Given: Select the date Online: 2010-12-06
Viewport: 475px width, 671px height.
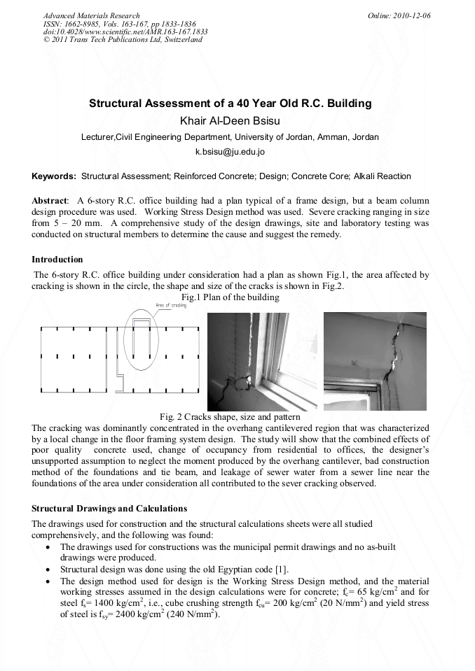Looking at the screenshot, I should pos(399,15).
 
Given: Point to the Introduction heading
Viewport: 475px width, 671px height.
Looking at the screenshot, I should pos(57,260).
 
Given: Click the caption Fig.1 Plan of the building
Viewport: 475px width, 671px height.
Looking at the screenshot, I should pos(230,297).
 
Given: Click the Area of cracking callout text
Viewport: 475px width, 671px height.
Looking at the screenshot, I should pos(172,306).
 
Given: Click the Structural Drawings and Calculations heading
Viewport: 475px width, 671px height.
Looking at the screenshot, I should pos(109,508).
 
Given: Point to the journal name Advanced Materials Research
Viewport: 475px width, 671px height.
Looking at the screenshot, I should pos(91,15).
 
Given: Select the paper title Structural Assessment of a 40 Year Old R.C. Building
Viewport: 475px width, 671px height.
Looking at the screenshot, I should pos(230,104).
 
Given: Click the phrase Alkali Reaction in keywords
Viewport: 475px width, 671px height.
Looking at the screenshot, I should pos(385,176).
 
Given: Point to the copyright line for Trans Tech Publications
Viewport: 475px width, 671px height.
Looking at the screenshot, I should pos(123,40).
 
